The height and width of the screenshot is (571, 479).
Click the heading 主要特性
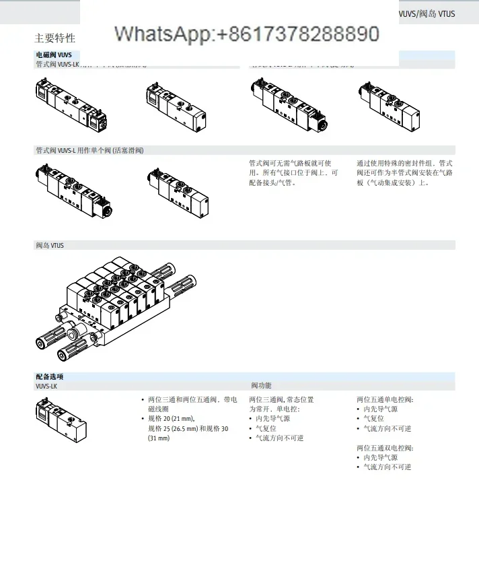click(x=55, y=38)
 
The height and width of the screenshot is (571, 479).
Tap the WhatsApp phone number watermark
click(x=247, y=34)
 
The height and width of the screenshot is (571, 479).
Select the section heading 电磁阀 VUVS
click(x=54, y=55)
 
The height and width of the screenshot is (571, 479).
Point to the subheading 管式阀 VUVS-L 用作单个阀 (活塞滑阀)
click(x=89, y=150)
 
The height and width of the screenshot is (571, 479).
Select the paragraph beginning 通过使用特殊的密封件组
click(x=404, y=172)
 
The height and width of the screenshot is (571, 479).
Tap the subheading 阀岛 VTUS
click(x=50, y=246)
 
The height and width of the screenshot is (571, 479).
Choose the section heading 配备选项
click(x=50, y=376)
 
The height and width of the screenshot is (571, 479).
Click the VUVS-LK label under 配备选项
click(x=46, y=386)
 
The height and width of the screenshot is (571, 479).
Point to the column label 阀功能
click(x=261, y=386)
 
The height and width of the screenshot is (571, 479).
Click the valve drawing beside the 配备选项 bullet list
click(x=62, y=419)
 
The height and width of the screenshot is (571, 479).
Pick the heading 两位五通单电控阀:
click(x=385, y=399)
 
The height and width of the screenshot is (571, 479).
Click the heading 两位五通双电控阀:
click(x=385, y=448)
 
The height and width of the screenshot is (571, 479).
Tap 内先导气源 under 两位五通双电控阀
click(x=380, y=457)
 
